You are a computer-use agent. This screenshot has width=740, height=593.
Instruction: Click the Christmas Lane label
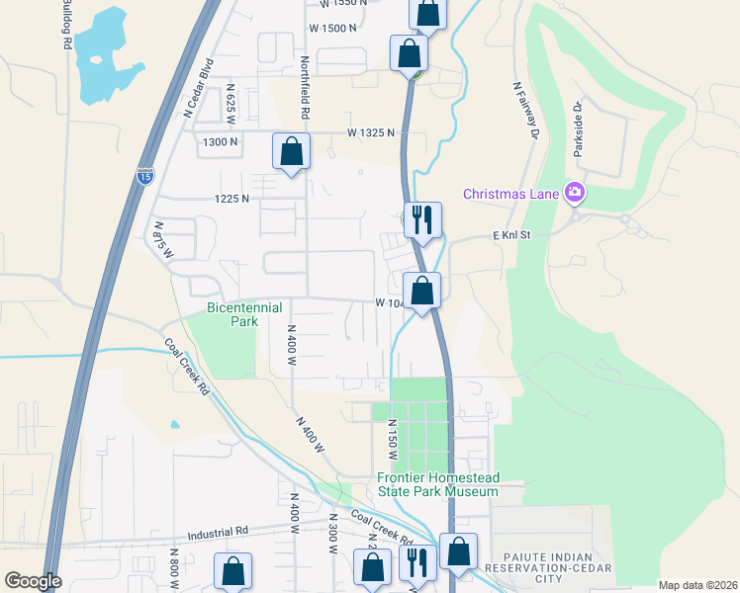510,192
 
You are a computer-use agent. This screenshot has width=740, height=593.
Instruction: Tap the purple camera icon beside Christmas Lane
574,192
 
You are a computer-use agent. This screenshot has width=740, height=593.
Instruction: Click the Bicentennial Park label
232,314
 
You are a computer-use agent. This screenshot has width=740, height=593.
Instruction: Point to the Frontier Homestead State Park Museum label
437,484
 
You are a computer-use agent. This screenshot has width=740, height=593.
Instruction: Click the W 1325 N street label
370,132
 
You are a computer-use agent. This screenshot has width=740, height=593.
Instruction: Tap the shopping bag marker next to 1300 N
291,152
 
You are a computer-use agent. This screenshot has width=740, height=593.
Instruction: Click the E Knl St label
512,235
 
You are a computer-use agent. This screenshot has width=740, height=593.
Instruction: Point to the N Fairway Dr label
525,108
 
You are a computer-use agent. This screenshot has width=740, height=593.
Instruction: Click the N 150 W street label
392,442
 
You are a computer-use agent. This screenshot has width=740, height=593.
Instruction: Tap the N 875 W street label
163,240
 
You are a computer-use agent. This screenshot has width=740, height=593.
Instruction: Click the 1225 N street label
231,199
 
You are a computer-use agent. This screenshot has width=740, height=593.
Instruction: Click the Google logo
32,581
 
